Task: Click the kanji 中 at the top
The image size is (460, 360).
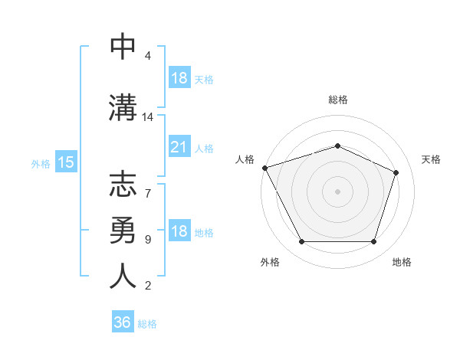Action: (123, 47)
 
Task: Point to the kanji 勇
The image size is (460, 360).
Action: (123, 229)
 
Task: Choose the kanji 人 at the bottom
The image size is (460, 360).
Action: (123, 275)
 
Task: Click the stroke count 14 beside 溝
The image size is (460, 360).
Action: (148, 117)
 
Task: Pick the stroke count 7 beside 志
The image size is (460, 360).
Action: (148, 185)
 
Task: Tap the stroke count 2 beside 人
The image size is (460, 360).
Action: (148, 286)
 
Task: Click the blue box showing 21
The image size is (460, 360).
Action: (179, 147)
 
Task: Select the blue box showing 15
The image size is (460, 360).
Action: (66, 162)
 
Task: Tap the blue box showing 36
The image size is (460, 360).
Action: (123, 322)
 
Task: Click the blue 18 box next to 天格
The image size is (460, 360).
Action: (179, 78)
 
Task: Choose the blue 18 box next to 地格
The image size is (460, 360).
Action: (179, 232)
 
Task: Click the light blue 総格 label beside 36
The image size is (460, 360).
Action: (148, 324)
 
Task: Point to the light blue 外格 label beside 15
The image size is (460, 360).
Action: (41, 163)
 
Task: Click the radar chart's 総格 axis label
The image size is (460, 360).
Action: (337, 100)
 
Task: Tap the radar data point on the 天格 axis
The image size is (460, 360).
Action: (396, 172)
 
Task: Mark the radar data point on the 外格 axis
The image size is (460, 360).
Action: (301, 242)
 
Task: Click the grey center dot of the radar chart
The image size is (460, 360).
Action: (337, 191)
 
